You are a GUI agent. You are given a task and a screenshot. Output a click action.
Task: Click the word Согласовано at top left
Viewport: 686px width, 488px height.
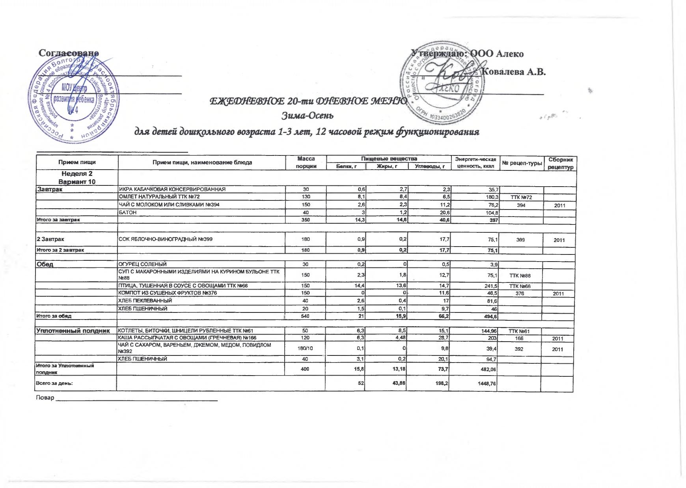click(69, 53)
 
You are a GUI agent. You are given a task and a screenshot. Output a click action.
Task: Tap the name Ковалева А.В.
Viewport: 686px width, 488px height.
click(514, 72)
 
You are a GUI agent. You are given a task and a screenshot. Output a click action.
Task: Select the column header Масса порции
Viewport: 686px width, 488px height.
click(306, 163)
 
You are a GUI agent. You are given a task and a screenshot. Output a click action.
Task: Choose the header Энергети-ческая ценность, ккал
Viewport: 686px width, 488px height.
click(475, 163)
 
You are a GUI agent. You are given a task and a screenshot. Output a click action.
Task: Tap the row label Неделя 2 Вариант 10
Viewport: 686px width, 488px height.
click(77, 178)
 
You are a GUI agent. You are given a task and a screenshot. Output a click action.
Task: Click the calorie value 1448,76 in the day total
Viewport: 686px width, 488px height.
click(486, 383)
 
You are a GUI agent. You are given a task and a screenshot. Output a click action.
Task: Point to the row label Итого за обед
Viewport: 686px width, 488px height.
click(54, 316)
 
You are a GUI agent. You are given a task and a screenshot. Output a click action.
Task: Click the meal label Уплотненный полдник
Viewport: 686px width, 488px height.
click(73, 331)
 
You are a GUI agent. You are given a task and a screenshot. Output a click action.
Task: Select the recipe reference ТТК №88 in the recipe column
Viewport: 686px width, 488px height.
click(520, 275)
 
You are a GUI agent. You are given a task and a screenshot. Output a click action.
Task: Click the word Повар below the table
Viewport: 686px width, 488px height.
click(45, 398)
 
